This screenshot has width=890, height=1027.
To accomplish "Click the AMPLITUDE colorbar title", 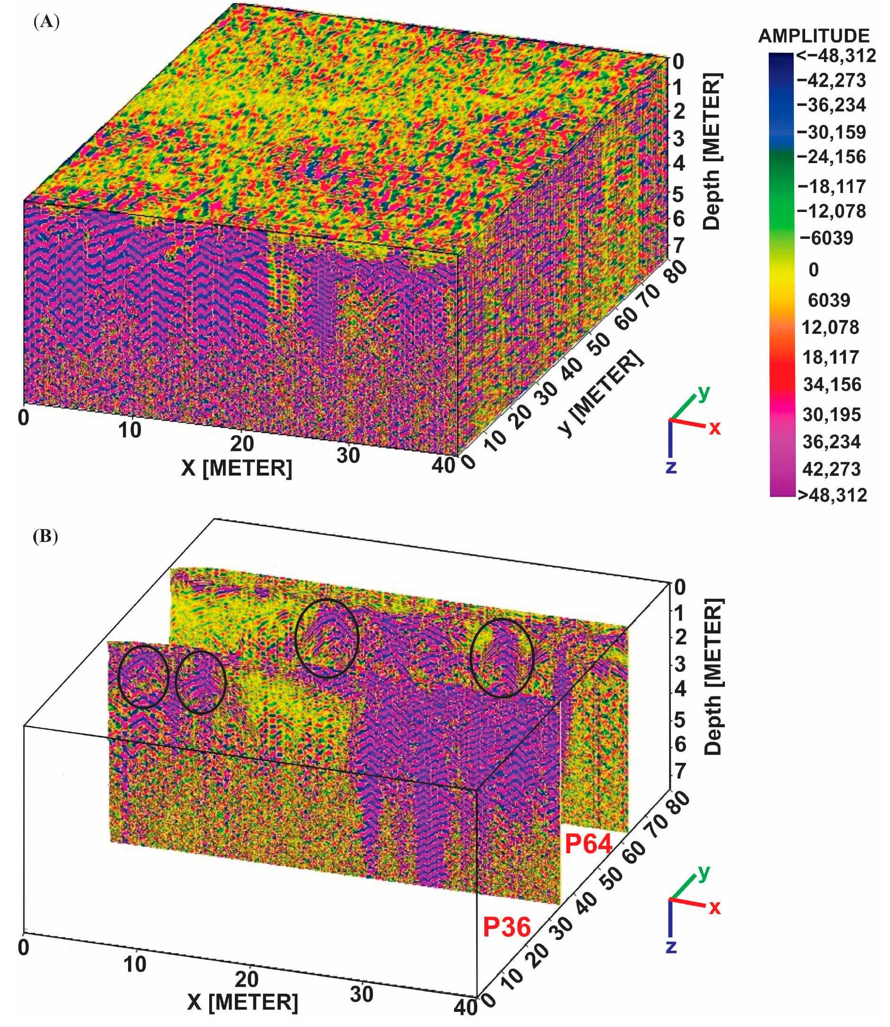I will coord(814,36).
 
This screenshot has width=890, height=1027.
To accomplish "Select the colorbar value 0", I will coord(814,269).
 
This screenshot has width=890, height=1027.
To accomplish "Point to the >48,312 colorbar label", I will coord(832,495).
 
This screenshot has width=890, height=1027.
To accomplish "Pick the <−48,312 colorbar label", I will coord(836,55).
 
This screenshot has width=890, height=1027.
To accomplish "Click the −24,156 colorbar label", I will coord(831,157).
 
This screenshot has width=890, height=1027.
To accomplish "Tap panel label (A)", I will coord(46,22).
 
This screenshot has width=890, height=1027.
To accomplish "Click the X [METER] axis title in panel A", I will coord(236,468).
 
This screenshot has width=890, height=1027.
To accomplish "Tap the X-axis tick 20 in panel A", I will coord(242,443).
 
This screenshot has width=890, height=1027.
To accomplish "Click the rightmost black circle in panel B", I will coord(501,657).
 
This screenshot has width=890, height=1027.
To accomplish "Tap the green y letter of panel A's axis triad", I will coord(703,393).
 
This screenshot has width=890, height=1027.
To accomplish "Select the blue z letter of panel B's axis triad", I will coord(671,946).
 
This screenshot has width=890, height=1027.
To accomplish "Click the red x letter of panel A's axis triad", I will coord(714,428).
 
